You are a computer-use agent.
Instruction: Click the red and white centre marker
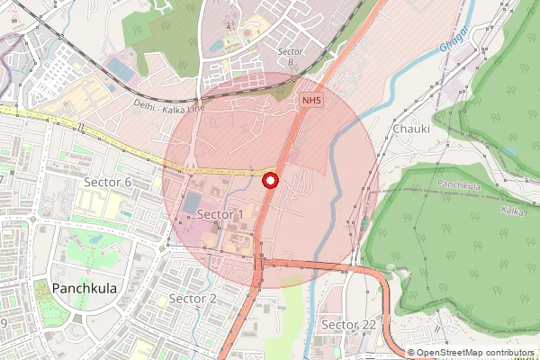269,181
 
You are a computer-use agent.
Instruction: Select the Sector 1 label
220,214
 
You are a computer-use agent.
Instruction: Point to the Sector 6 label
108,182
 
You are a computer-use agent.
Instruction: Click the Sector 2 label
193,298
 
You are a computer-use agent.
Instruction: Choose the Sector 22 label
348,324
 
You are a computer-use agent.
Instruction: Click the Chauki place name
411,129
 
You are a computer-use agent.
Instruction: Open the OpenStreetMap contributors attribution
475,353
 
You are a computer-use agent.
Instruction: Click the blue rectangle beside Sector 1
191,202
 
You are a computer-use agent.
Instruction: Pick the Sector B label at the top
291,52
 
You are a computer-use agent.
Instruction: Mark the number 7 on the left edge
3,180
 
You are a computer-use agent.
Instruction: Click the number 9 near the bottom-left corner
4,322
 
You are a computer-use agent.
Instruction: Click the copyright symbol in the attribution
411,353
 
